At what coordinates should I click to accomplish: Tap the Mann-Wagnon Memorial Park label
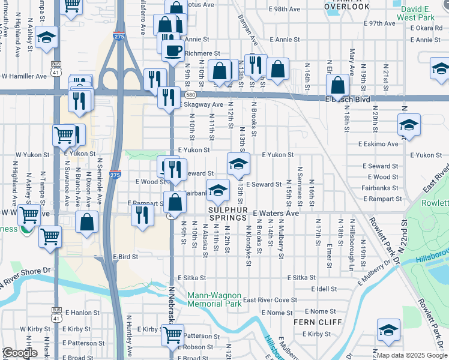(x=214, y=299)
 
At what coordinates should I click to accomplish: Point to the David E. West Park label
(x=420, y=14)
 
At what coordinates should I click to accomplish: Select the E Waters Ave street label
(x=275, y=213)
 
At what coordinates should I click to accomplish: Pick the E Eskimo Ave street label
(x=378, y=144)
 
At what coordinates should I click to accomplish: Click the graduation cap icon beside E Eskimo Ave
(x=409, y=125)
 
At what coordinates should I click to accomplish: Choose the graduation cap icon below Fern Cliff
(x=388, y=330)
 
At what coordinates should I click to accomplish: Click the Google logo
(x=20, y=353)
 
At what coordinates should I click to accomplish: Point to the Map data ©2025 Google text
(x=412, y=355)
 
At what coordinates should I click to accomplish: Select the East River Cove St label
(x=270, y=300)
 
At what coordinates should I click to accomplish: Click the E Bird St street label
(x=125, y=256)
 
